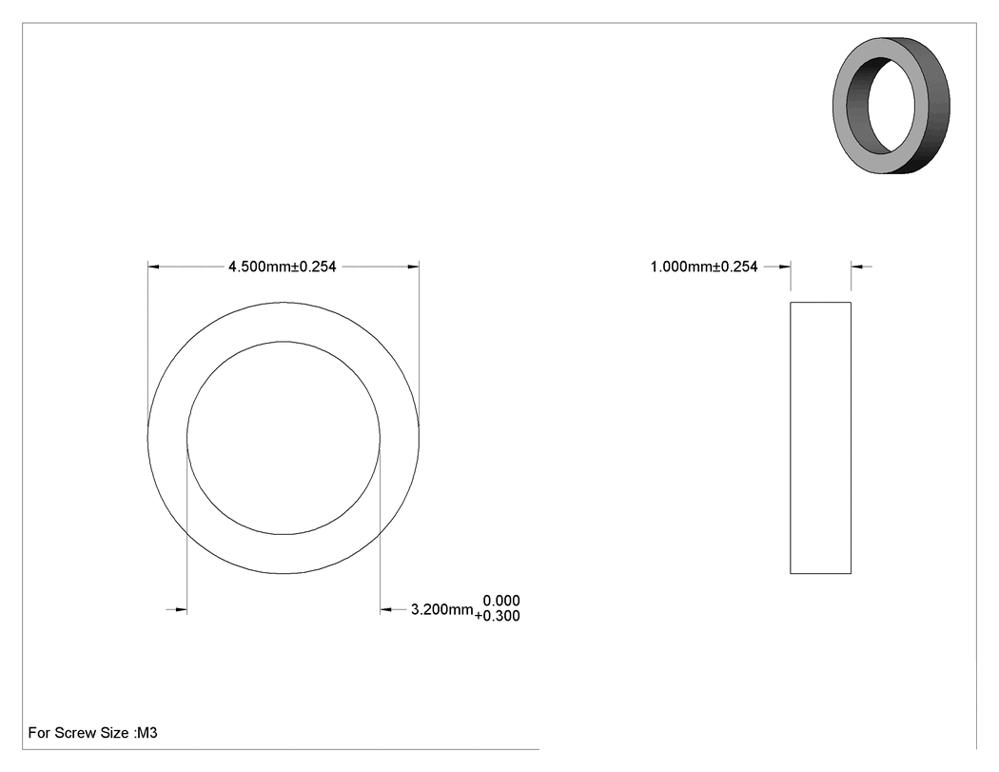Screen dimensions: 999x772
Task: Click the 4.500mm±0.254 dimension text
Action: click(283, 267)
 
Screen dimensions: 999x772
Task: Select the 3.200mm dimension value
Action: click(442, 609)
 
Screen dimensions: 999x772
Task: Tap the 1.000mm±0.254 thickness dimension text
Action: click(704, 267)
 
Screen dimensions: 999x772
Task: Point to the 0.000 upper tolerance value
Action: click(501, 601)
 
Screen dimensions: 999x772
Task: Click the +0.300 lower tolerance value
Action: click(497, 616)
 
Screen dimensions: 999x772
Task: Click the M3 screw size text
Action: click(147, 732)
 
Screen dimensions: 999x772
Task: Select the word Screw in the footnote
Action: click(73, 732)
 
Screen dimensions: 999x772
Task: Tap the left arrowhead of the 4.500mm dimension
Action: click(153, 267)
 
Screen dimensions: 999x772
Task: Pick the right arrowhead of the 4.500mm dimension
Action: click(414, 267)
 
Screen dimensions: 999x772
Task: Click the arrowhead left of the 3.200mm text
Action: click(385, 610)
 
